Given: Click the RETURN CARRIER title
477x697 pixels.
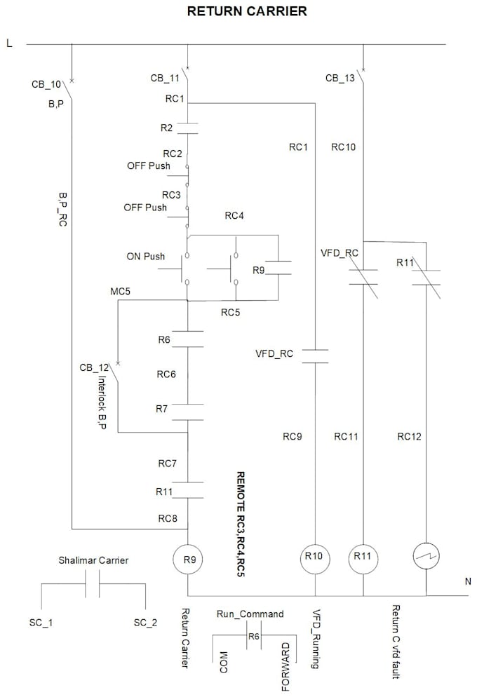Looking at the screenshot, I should [x=246, y=12].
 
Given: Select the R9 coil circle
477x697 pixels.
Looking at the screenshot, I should [x=188, y=559].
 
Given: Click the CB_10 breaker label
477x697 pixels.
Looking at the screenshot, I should [x=46, y=84].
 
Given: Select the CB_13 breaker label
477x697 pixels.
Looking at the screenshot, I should [x=340, y=78].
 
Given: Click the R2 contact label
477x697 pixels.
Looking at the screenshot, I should [x=165, y=128].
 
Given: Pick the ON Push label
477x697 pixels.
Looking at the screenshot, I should [x=145, y=256].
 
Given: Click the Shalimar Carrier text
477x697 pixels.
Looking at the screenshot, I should [x=93, y=560].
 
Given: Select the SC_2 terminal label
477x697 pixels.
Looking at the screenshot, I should [x=146, y=622].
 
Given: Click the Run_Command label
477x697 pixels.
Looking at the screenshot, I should [x=250, y=614].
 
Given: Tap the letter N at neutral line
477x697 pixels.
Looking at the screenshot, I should [x=468, y=581].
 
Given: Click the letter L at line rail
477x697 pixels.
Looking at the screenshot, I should [x=9, y=43].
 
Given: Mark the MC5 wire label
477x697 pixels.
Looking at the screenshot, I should [x=121, y=290].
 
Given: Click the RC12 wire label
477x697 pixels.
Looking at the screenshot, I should [x=409, y=436].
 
